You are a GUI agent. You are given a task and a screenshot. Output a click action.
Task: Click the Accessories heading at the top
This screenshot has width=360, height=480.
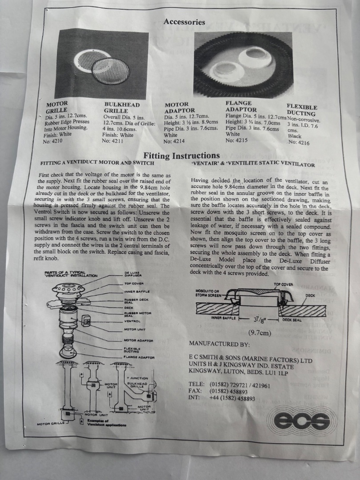click(x=184, y=22)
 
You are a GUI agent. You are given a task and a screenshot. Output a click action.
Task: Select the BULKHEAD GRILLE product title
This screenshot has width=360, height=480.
click(x=121, y=108)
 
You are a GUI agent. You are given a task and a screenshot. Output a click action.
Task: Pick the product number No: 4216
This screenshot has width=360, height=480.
click(x=299, y=143)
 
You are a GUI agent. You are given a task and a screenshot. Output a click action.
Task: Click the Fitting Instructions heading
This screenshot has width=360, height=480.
click(x=181, y=156)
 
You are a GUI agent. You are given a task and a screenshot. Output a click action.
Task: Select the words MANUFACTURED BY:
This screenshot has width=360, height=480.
click(x=220, y=344)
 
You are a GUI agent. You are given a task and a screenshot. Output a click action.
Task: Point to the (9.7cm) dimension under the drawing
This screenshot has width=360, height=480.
click(x=260, y=333)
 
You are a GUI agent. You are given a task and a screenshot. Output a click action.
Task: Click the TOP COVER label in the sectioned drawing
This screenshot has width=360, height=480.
click(x=283, y=284)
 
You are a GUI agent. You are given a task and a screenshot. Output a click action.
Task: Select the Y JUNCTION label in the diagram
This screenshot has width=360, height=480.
click(x=137, y=378)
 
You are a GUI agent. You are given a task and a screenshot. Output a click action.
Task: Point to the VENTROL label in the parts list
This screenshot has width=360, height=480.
click(x=132, y=321)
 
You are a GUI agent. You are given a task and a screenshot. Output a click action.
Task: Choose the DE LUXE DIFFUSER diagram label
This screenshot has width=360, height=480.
click(x=132, y=274)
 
